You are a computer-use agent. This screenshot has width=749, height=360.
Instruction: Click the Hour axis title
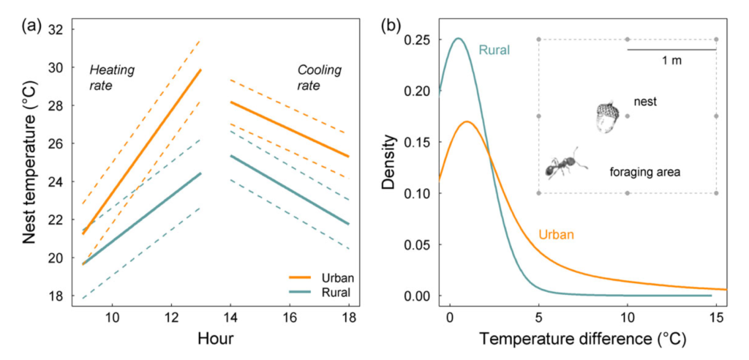click(x=215, y=340)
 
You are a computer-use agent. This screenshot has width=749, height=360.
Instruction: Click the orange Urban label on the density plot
click(x=556, y=235)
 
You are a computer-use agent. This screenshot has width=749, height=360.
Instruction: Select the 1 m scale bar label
click(x=671, y=61)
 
